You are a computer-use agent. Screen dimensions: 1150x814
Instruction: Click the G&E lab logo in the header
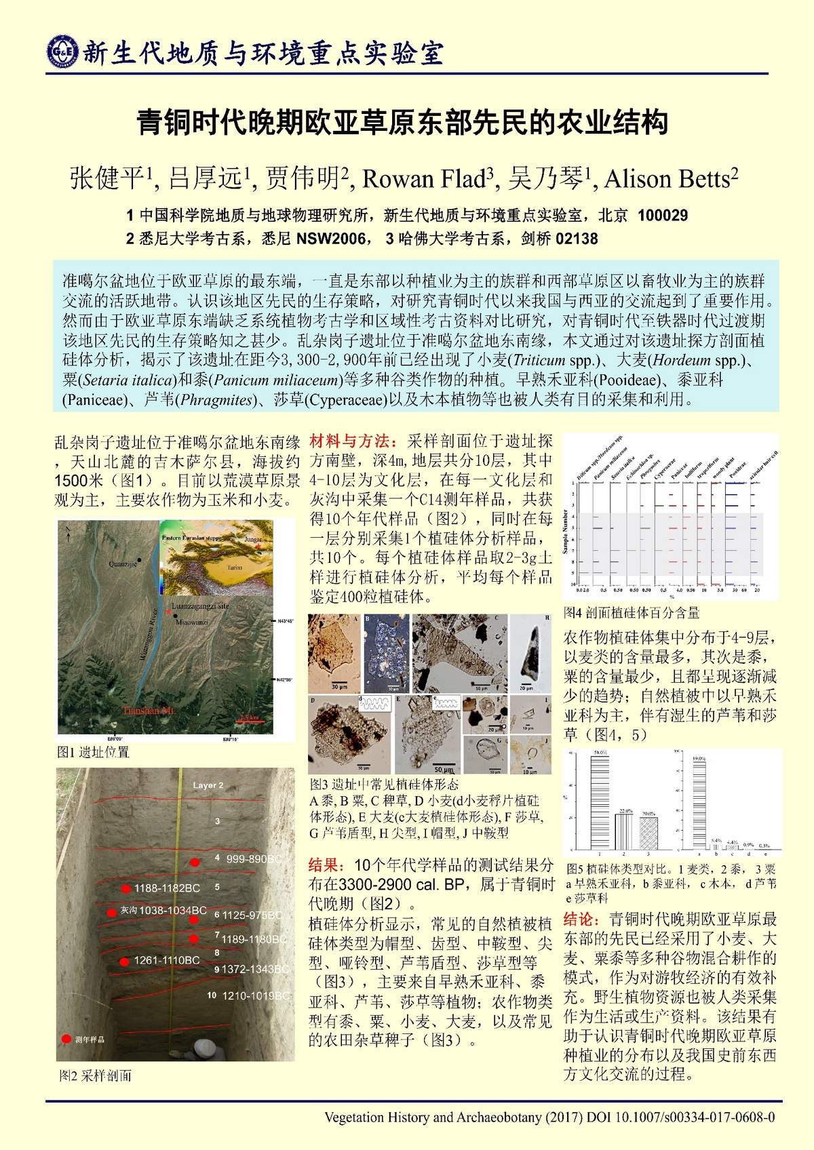coord(62,52)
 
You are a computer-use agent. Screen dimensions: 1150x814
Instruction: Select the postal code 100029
coord(663,216)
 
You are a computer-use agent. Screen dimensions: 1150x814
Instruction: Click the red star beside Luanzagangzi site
coord(168,612)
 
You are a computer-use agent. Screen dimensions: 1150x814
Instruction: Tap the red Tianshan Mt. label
coord(149,711)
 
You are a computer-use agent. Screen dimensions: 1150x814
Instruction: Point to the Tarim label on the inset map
coord(234,567)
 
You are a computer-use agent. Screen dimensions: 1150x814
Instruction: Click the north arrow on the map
coord(68,536)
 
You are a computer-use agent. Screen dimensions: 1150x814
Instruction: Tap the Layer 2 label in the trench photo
coord(208,785)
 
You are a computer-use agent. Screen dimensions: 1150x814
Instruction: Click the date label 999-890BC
coord(253,858)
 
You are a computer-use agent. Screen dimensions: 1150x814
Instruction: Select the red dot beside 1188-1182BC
coord(125,888)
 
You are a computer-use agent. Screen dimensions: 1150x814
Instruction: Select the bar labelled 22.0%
coord(625,831)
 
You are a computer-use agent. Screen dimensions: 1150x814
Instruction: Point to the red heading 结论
coord(581,919)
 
